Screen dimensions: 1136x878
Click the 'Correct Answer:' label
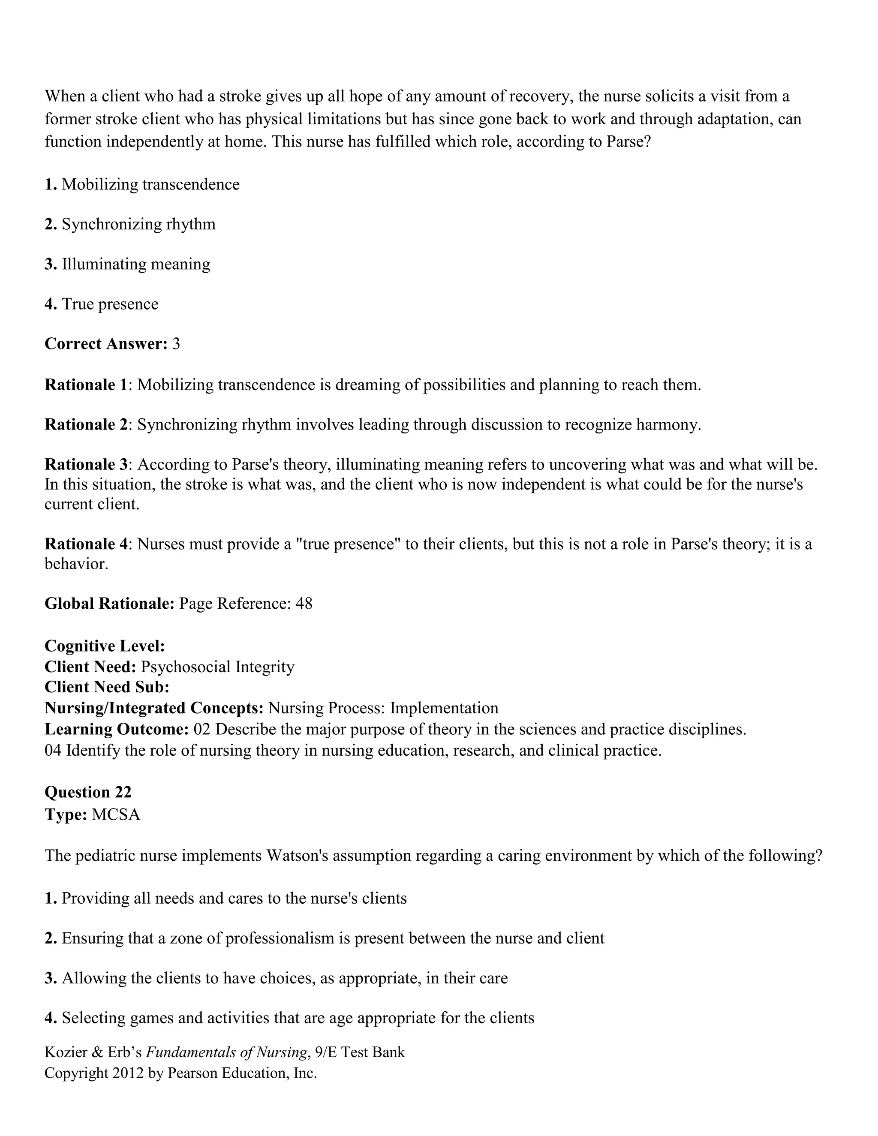(105, 344)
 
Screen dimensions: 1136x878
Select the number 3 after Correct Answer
(176, 344)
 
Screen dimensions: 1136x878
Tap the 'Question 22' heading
(88, 792)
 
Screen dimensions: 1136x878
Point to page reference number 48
(304, 604)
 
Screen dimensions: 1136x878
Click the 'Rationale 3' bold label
(86, 464)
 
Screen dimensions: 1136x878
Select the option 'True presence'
(110, 304)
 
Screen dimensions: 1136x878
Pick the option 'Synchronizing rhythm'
(138, 224)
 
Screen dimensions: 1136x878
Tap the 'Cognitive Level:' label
(105, 646)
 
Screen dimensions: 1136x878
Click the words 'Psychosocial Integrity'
(217, 667)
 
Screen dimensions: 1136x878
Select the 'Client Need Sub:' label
(107, 687)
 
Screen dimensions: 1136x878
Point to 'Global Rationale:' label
(109, 604)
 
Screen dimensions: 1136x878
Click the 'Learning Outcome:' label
(117, 729)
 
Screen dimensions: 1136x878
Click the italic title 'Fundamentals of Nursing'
(226, 1052)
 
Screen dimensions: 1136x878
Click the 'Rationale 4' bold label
(86, 544)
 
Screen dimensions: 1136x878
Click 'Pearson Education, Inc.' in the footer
(242, 1073)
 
